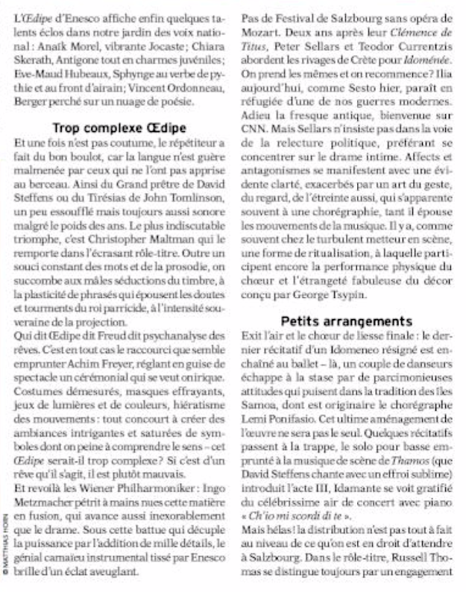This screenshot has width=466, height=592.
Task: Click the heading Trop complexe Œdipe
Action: coord(119,127)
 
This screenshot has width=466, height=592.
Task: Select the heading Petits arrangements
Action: coord(347,321)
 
